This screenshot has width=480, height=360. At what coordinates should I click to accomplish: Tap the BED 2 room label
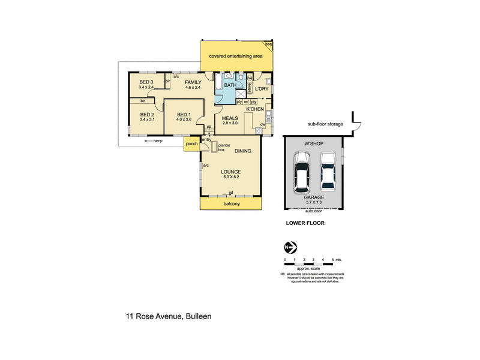point(148,115)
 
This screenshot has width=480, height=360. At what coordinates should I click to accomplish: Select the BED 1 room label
point(184,115)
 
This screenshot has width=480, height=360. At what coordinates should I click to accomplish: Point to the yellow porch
point(192,144)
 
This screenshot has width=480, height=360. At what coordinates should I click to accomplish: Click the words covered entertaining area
point(235,56)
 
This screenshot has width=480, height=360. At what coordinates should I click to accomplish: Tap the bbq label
point(268,44)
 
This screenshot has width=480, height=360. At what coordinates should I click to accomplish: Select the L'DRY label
point(261,89)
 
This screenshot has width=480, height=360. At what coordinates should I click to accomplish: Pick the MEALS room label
point(230,118)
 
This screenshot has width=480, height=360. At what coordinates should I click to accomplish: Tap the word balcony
point(231,205)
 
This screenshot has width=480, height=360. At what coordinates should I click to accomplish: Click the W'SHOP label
point(314,143)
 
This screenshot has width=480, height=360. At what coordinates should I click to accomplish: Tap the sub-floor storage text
point(325,124)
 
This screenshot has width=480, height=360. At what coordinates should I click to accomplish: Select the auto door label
point(314,211)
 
